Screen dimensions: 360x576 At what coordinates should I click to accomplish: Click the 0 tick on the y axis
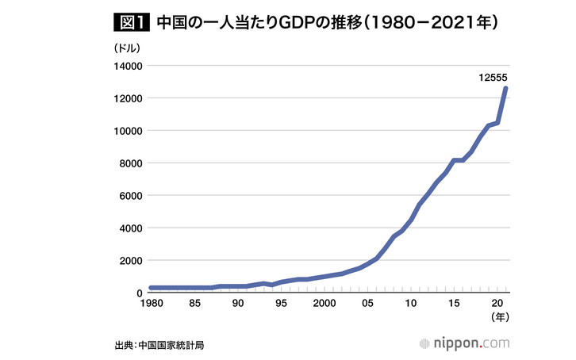pyautogui.click(x=139, y=293)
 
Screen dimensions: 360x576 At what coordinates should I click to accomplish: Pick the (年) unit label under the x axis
pyautogui.click(x=497, y=318)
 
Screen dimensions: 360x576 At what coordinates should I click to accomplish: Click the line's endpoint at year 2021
pyautogui.click(x=505, y=89)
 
